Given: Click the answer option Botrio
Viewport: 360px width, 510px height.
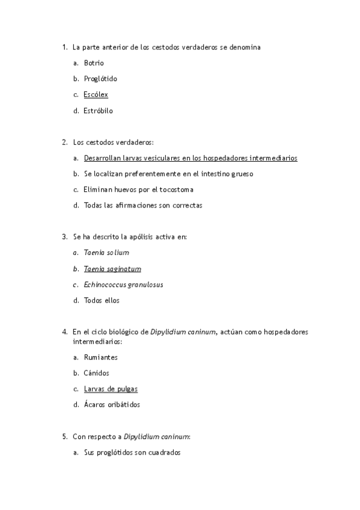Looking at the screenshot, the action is [94, 63].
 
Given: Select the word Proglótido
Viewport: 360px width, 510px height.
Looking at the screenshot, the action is [100, 79].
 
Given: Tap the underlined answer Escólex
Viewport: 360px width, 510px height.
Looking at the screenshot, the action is [96, 95].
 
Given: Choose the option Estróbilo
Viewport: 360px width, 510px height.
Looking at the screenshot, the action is [99, 111].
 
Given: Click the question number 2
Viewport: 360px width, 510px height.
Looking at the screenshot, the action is [64, 143].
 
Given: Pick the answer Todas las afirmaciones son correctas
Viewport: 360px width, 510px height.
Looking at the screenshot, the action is [143, 205].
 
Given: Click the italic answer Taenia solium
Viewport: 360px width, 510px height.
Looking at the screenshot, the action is [106, 253].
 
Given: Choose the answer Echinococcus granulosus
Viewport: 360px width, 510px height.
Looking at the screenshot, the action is [123, 284].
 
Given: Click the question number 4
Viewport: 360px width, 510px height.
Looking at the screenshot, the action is [64, 331].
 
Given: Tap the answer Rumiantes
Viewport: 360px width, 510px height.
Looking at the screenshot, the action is [101, 357].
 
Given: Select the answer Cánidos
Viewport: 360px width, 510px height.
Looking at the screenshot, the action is [97, 373].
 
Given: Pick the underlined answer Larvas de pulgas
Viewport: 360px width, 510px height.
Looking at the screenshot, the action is [111, 389].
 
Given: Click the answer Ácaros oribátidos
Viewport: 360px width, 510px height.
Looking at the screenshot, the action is [112, 405].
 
